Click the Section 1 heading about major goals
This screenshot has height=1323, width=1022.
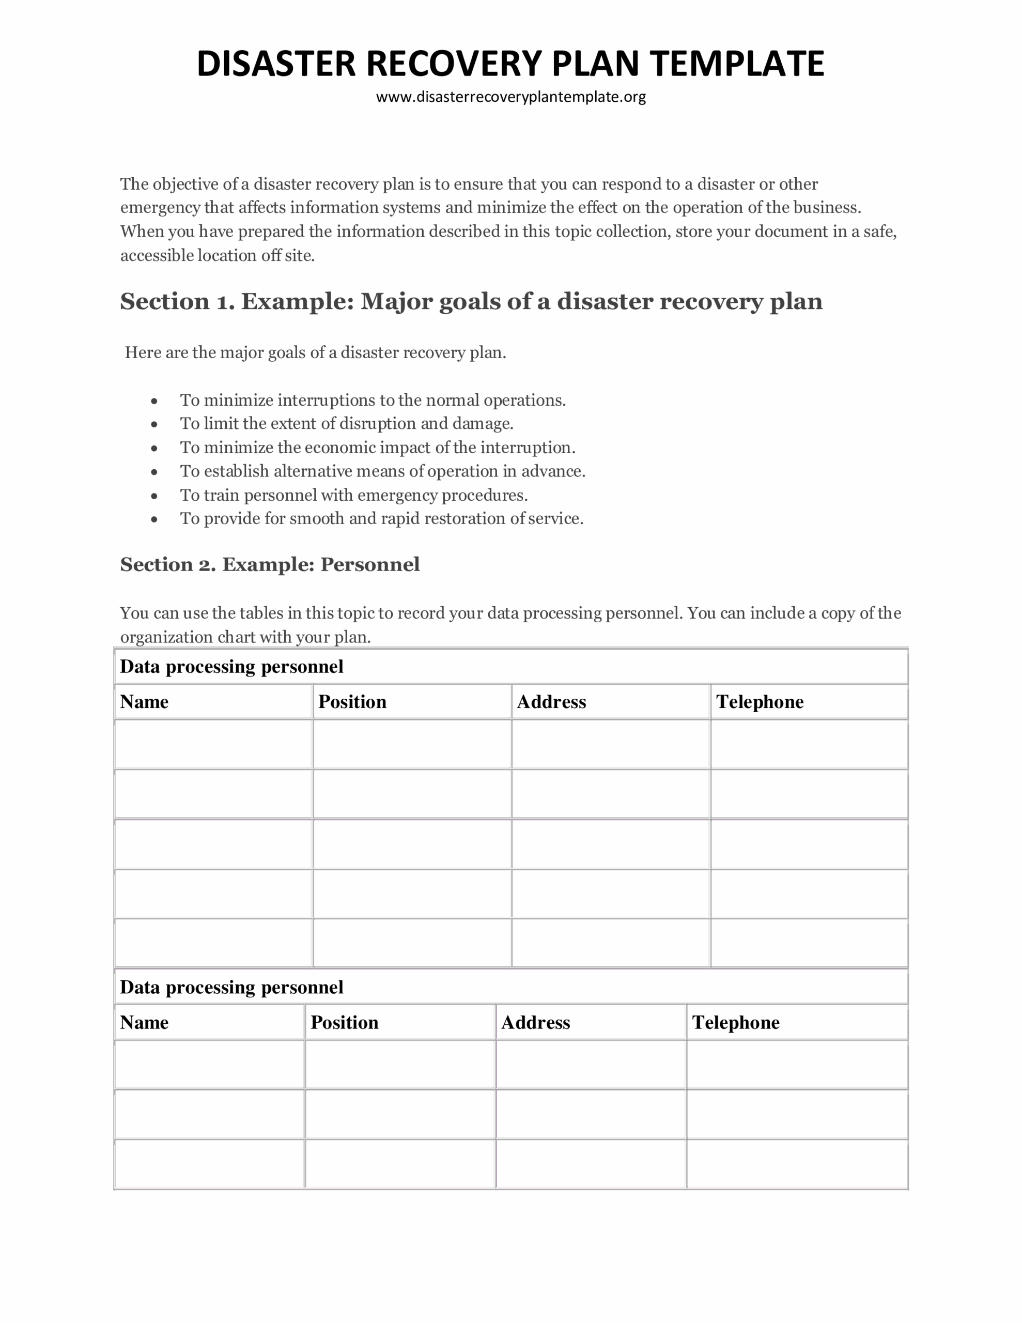(471, 302)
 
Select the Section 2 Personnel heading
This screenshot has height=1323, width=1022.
(270, 564)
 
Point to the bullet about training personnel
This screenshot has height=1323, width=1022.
(354, 496)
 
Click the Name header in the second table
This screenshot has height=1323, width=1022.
(144, 1023)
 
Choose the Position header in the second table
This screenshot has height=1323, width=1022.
(344, 1023)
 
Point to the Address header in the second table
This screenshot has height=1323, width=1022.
(535, 1023)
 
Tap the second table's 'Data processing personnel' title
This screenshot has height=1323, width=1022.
(231, 988)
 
